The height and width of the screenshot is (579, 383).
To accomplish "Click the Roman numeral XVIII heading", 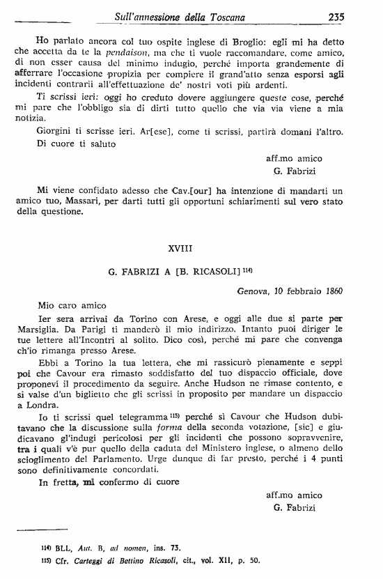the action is point(183,247).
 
